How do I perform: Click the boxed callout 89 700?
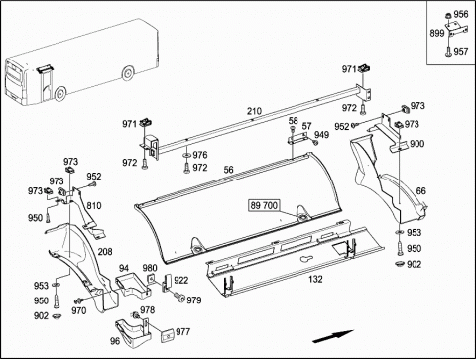coord(264,205)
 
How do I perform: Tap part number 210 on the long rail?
coord(254,111)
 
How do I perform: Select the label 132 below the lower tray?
coord(315,279)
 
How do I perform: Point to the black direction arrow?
coord(333,336)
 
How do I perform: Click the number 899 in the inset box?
coord(437,34)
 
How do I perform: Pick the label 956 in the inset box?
coord(461,14)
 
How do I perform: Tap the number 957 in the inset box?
coord(461,52)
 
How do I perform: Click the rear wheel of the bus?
coord(128,73)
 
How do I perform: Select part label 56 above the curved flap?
coord(228,170)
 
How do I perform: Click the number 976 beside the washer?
coord(200,155)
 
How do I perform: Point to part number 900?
coord(416,144)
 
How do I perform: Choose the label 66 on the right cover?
coord(420,191)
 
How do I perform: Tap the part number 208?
coord(105,252)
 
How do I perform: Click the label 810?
coord(94,206)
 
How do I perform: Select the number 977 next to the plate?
coord(182,331)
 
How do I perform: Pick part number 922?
coord(180,280)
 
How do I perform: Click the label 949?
coord(321,135)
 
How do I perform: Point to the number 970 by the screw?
coord(79,310)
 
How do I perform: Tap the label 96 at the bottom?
coord(115,341)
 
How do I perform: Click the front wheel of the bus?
coord(59,94)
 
